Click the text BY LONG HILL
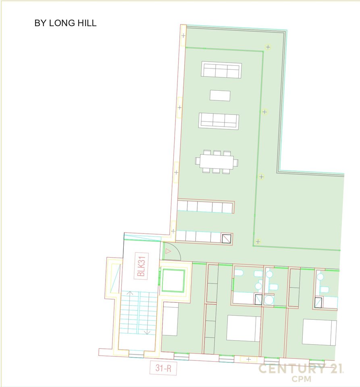point(65,23)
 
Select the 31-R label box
point(163,368)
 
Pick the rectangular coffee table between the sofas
point(220,96)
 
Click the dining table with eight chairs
point(216,162)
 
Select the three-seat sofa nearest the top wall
point(221,70)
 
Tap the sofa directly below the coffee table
point(219,121)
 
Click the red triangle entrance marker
point(169,251)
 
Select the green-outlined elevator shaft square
point(173,281)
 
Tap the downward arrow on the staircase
point(147,331)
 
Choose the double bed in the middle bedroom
point(243,328)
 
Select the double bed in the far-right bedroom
point(319,332)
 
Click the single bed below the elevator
point(170,319)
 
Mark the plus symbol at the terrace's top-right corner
point(268,47)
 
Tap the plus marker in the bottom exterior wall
point(249,359)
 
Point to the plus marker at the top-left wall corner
point(183,36)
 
